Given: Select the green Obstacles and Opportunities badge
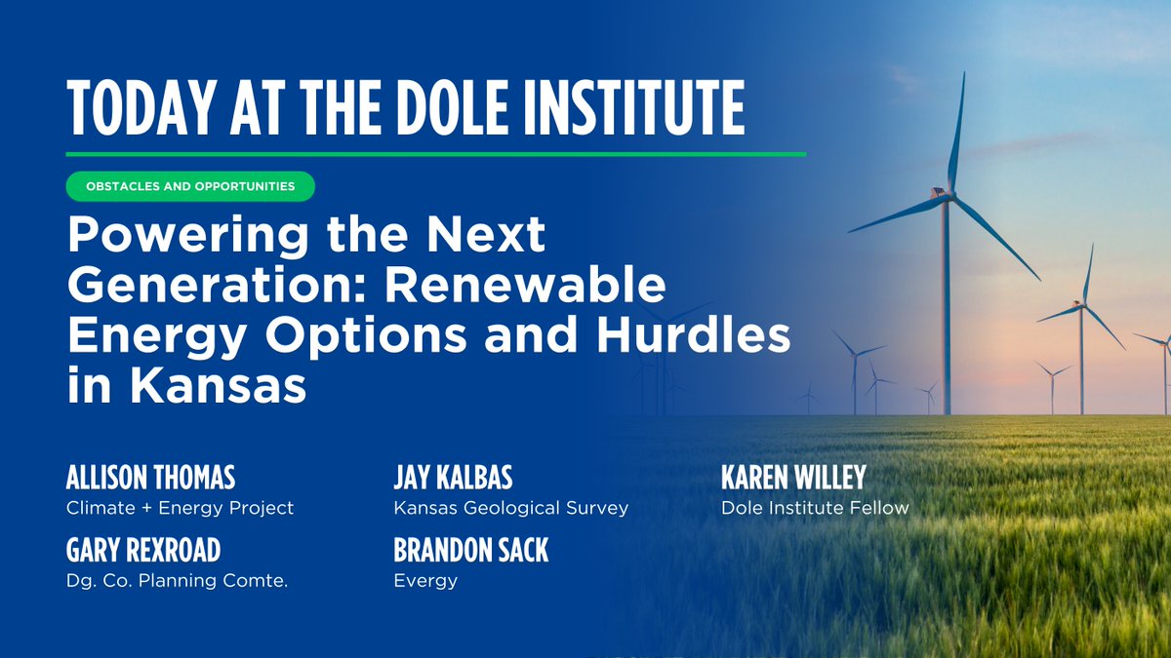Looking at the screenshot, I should click(x=190, y=185).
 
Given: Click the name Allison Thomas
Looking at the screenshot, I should click(x=150, y=479).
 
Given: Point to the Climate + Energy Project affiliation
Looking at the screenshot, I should click(x=180, y=508).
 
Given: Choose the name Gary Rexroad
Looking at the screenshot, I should click(x=143, y=551).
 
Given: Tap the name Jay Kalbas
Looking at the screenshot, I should click(x=453, y=479).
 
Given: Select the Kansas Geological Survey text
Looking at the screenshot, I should click(x=510, y=508).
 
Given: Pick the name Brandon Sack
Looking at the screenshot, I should click(x=470, y=551).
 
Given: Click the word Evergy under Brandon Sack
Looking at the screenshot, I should click(x=425, y=581).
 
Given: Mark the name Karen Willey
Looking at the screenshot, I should click(x=793, y=479).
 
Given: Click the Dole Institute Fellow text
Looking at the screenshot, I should click(x=815, y=508).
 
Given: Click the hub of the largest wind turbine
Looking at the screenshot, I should click(x=945, y=194).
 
